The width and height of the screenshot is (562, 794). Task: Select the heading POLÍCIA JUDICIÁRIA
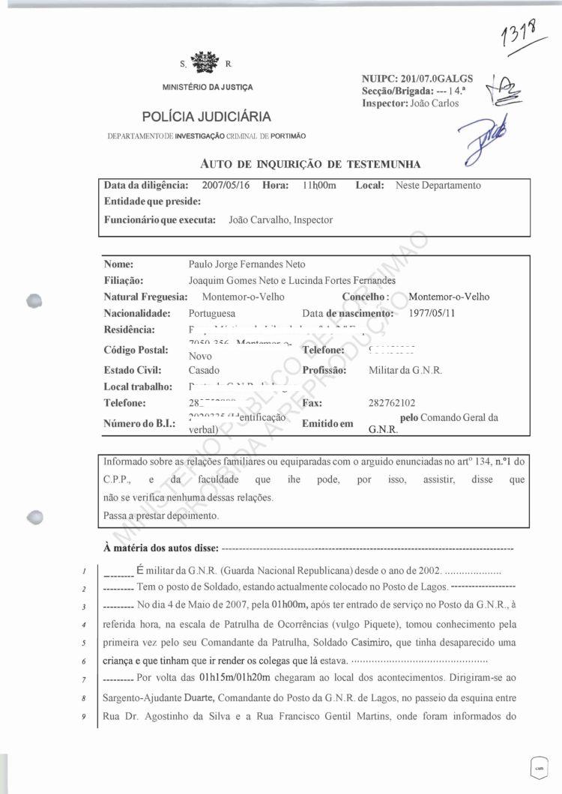tap(207, 116)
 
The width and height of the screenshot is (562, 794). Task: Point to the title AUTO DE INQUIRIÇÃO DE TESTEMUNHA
tap(310, 164)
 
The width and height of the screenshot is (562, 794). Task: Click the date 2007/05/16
tap(228, 185)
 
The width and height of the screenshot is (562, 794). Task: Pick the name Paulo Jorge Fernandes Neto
tap(247, 264)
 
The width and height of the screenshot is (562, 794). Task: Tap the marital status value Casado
tap(205, 370)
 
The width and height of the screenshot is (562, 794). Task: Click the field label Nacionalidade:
tap(138, 312)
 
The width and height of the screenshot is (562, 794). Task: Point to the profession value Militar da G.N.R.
tap(405, 370)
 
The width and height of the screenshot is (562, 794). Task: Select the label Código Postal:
tap(136, 350)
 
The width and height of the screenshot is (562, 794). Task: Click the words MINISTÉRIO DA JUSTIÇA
tap(208, 88)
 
